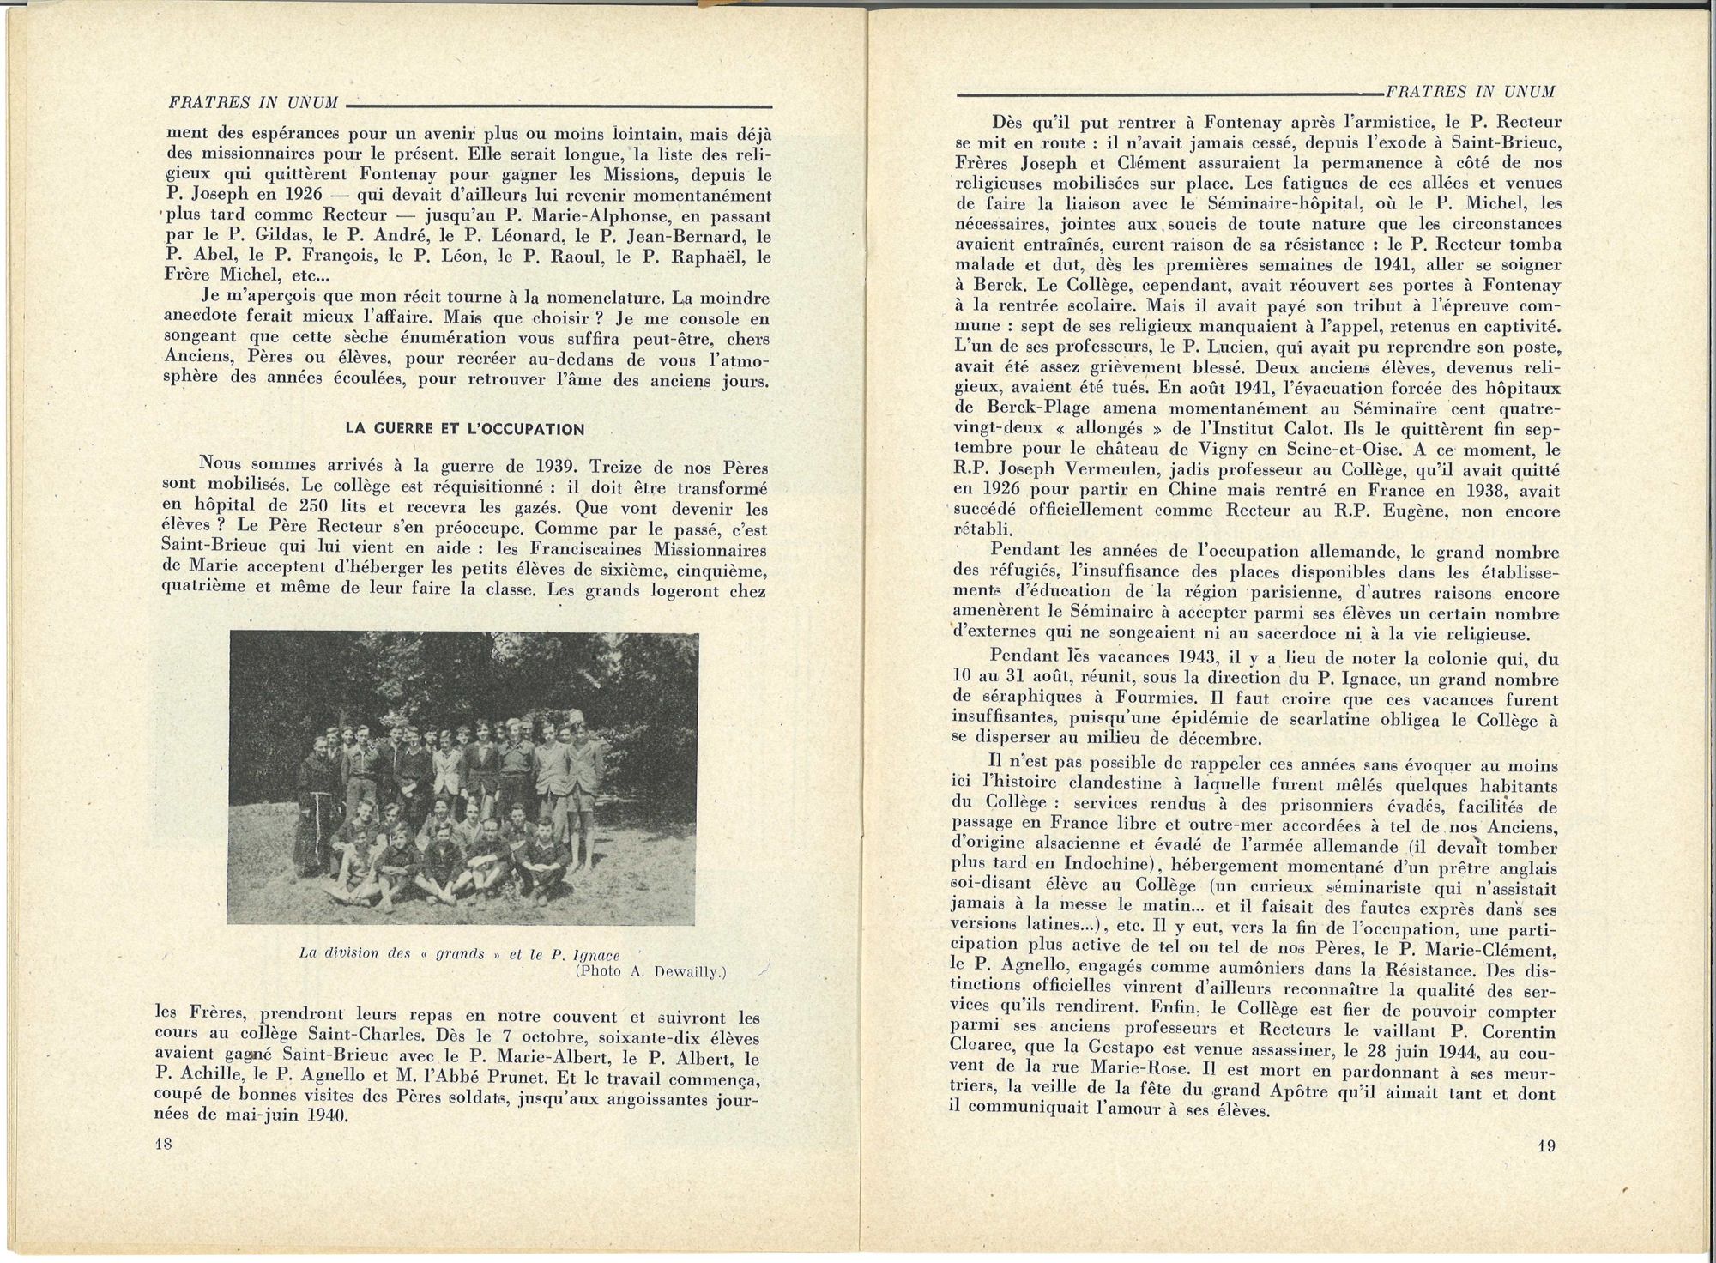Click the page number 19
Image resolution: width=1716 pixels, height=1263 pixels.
[1546, 1146]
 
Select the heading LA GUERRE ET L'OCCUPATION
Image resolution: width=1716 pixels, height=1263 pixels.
[465, 429]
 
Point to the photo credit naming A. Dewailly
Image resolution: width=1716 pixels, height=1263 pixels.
[651, 971]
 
